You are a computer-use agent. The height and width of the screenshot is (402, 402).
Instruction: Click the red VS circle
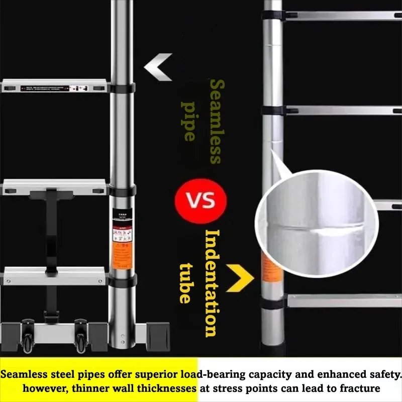pyautogui.click(x=200, y=199)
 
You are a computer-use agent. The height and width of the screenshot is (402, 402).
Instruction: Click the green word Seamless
pyautogui.click(x=215, y=121)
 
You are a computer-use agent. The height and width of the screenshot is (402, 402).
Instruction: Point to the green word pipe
pyautogui.click(x=187, y=121)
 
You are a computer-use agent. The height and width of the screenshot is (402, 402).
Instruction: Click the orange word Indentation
pyautogui.click(x=213, y=283)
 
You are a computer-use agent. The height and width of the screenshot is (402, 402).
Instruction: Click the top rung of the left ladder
pyautogui.click(x=55, y=86)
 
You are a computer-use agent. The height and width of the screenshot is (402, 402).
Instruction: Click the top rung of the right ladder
pyautogui.click(x=342, y=16)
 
